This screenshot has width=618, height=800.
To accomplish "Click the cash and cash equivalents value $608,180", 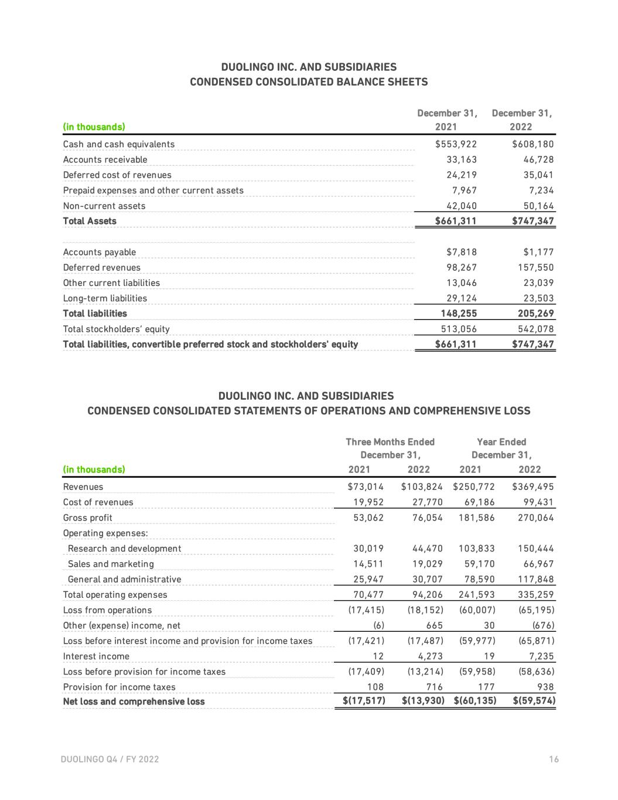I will click(x=532, y=144).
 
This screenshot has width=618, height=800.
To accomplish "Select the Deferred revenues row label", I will click(x=102, y=268).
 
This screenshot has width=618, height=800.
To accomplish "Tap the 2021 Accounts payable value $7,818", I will click(x=462, y=252).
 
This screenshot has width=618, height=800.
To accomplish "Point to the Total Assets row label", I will click(x=90, y=221).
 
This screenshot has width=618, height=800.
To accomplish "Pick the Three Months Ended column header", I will click(x=390, y=442).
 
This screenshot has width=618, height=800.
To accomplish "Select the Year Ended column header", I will click(x=501, y=442).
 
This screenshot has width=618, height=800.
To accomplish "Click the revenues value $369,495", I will click(x=532, y=486).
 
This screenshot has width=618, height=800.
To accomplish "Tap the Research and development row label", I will click(x=124, y=549).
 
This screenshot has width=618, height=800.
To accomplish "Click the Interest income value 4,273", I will click(x=430, y=656).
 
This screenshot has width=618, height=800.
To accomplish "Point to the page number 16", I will click(x=554, y=760).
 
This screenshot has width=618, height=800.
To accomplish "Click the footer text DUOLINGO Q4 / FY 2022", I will click(x=110, y=760).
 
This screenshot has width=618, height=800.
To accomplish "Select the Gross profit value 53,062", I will click(x=368, y=518).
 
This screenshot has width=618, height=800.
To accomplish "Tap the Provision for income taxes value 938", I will click(x=545, y=687).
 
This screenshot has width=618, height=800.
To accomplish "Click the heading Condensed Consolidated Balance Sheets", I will click(x=309, y=82).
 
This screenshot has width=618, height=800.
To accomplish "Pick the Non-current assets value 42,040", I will click(x=462, y=206).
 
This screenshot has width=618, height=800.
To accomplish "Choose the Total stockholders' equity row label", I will click(x=117, y=329).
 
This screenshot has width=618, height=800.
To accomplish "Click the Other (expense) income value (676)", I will click(x=542, y=625).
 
